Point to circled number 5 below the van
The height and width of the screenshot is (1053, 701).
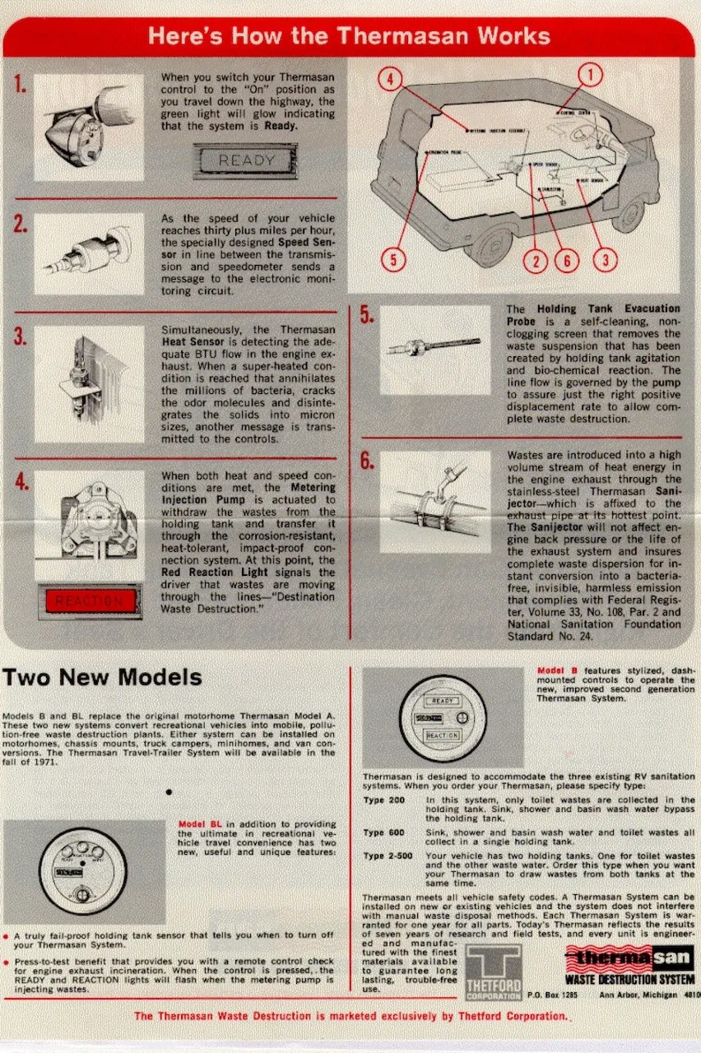click(x=394, y=260)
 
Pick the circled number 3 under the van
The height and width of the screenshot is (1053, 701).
click(x=606, y=261)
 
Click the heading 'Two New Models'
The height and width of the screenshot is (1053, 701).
click(x=102, y=677)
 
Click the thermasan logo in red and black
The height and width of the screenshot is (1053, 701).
click(x=629, y=958)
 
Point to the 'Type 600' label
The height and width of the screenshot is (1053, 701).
click(x=384, y=833)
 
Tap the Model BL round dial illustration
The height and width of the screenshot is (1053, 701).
click(x=82, y=870)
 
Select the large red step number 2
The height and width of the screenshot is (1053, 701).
click(x=21, y=225)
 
